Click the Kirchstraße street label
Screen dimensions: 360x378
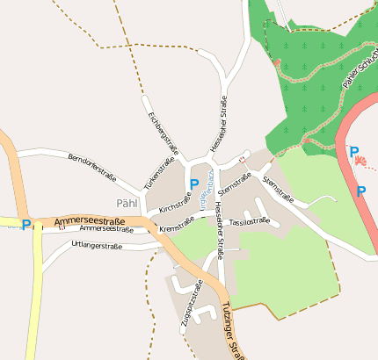pyautogui.click(x=175, y=203)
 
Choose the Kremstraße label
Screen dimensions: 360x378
pyautogui.click(x=177, y=227)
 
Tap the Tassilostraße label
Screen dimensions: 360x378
pyautogui.click(x=249, y=222)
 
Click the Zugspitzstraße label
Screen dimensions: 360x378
pyautogui.click(x=191, y=305)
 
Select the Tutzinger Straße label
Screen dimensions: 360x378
pyautogui.click(x=232, y=332)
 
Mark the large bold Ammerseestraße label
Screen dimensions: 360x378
pyautogui.click(x=89, y=223)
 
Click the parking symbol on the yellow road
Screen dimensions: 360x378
pyautogui.click(x=26, y=225)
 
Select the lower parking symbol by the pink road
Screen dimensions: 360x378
pyautogui.click(x=360, y=191)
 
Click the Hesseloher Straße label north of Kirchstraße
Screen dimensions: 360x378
pyautogui.click(x=218, y=124)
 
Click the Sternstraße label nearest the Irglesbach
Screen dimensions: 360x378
pyautogui.click(x=234, y=183)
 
